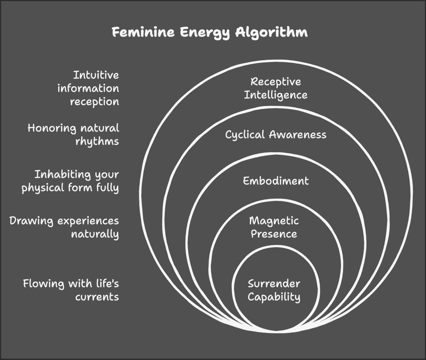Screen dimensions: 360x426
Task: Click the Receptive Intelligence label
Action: pyautogui.click(x=276, y=88)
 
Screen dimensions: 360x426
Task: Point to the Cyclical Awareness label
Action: pyautogui.click(x=276, y=135)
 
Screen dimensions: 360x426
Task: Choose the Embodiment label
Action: pyautogui.click(x=276, y=181)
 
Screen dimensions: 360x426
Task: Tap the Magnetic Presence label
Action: pyautogui.click(x=274, y=227)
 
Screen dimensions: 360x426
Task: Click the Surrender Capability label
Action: pyautogui.click(x=274, y=290)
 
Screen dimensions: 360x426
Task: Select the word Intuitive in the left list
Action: pyautogui.click(x=96, y=75)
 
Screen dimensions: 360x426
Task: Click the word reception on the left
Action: pyautogui.click(x=94, y=102)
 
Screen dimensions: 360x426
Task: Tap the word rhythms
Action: pyautogui.click(x=97, y=141)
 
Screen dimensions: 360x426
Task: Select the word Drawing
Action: pyautogui.click(x=31, y=221)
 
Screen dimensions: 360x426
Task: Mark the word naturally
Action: pyautogui.click(x=95, y=234)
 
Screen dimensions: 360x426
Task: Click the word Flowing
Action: pyautogui.click(x=44, y=284)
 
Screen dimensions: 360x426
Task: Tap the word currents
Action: pyautogui.click(x=97, y=297)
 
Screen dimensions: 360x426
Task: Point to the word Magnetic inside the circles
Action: pyautogui.click(x=274, y=221)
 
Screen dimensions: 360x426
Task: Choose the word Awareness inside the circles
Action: pyautogui.click(x=297, y=135)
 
